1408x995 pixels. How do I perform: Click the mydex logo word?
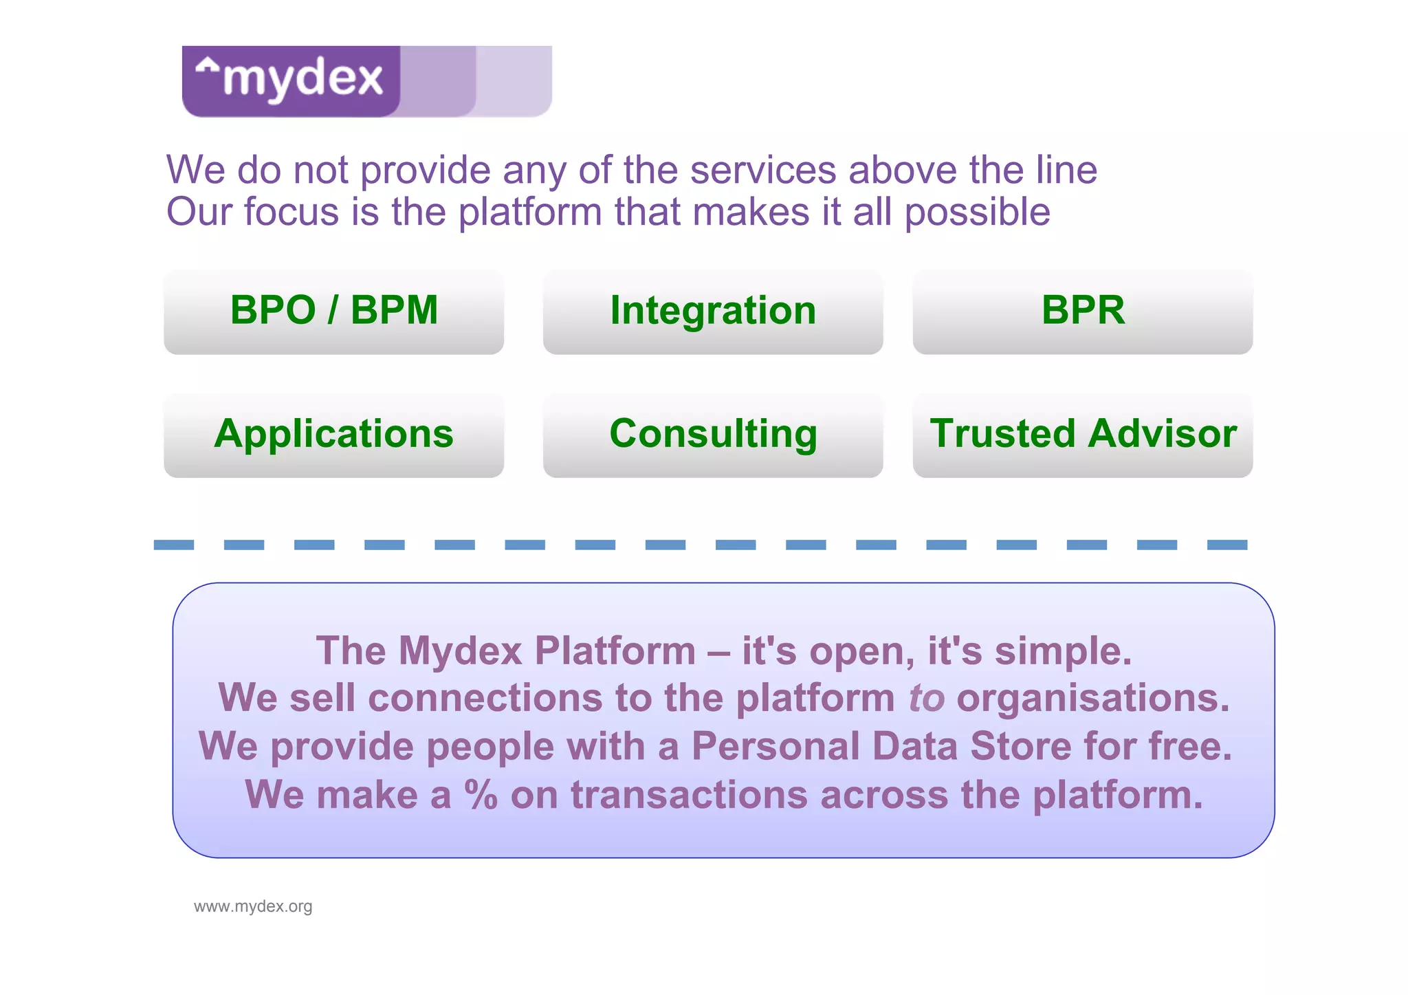click(302, 78)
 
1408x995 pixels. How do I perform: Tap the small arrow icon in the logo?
click(207, 67)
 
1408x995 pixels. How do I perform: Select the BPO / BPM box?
click(333, 311)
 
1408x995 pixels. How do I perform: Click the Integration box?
click(713, 311)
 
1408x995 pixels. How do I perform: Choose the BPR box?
click(1083, 311)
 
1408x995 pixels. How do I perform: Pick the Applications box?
click(333, 435)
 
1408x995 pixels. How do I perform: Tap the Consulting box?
click(713, 435)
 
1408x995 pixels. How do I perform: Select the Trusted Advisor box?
click(1083, 435)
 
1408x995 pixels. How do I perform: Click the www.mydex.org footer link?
click(253, 906)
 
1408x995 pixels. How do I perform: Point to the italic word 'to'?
click(926, 698)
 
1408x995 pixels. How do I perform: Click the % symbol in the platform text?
click(481, 795)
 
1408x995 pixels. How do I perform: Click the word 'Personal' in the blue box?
click(775, 746)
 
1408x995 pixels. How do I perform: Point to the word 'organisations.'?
click(1092, 698)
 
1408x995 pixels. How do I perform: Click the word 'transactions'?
click(689, 795)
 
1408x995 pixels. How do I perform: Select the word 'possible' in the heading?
click(977, 212)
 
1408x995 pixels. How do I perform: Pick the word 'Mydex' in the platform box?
click(460, 650)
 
